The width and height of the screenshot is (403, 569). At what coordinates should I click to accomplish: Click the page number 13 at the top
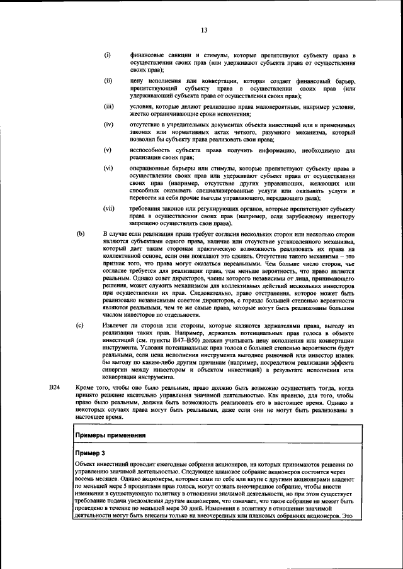(x=204, y=30)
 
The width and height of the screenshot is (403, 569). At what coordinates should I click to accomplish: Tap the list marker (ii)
(x=108, y=81)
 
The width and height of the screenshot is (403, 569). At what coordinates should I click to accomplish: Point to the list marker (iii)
(x=109, y=107)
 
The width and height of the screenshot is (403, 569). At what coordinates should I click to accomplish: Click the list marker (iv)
(x=108, y=125)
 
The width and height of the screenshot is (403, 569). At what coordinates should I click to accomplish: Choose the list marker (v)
(x=108, y=150)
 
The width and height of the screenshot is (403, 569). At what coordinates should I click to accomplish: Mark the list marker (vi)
(x=108, y=168)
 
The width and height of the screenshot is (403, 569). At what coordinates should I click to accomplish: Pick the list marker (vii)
(x=110, y=208)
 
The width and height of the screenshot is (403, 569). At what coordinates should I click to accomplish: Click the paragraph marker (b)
(x=80, y=233)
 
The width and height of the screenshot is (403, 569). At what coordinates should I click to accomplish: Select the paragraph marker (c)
(x=80, y=326)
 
